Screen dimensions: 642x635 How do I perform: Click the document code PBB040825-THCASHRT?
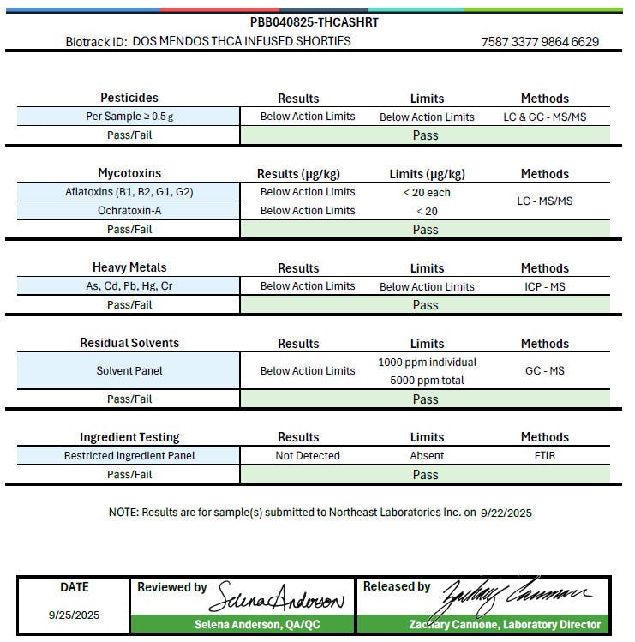click(314, 22)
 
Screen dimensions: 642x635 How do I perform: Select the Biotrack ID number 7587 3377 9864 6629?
click(540, 41)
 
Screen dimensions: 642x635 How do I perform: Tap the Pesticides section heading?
click(129, 98)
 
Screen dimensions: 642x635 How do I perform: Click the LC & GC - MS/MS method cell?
click(544, 117)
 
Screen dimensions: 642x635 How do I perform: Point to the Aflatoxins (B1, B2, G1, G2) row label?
click(129, 192)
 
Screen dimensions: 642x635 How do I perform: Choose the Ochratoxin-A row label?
click(129, 211)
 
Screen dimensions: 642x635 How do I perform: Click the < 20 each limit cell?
click(427, 192)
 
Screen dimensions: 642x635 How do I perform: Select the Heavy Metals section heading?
click(129, 267)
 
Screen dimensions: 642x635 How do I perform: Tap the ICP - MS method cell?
click(544, 286)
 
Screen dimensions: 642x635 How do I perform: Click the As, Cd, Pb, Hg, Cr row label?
click(129, 286)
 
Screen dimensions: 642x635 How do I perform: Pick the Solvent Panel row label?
click(129, 371)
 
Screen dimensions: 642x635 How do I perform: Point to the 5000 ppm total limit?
click(427, 380)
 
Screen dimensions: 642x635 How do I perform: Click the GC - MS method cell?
click(544, 371)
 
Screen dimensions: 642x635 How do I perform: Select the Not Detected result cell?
click(308, 456)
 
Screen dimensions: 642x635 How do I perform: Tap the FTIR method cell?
click(544, 456)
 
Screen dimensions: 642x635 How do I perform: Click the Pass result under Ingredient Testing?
click(425, 475)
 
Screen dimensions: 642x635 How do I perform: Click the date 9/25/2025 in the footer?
click(74, 615)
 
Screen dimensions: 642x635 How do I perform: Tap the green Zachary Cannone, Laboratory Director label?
click(505, 625)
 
